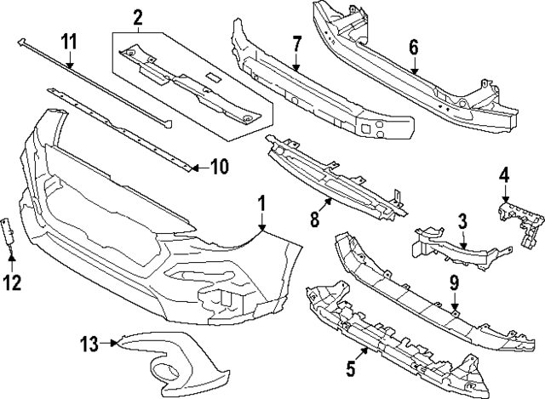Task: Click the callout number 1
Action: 262,204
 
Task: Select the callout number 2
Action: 138,16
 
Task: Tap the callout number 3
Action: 462,223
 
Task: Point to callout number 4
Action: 504,176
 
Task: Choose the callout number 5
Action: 351,370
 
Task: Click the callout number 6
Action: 414,48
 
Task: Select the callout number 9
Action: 455,281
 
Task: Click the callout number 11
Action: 68,40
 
